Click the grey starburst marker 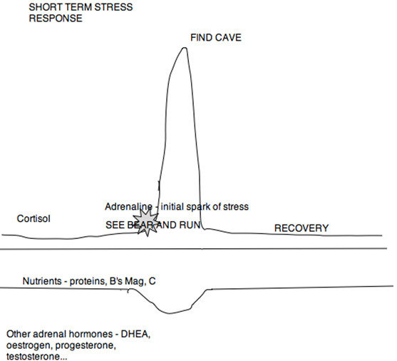pos(146,223)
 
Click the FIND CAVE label pos(216,38)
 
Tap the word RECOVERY pos(301,228)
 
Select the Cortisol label pos(33,218)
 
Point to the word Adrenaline pos(128,207)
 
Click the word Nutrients pos(42,281)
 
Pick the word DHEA pos(135,334)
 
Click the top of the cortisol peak pos(185,48)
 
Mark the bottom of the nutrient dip pos(169,313)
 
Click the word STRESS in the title pos(113,7)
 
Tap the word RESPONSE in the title pos(56,19)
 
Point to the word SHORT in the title pos(43,7)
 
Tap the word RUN pos(190,225)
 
